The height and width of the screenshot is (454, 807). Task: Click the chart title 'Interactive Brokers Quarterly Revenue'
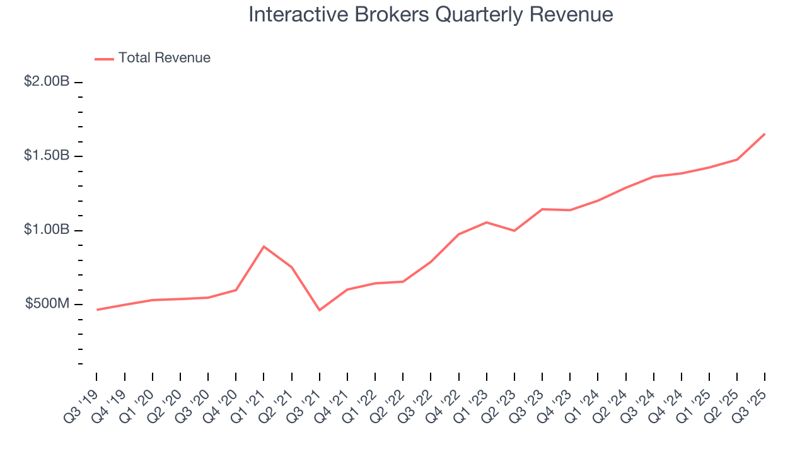431,15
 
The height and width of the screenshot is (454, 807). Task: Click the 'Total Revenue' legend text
164,58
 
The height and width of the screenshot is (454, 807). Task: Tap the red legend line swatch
104,59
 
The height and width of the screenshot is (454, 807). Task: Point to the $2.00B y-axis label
47,81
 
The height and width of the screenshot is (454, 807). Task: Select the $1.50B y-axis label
47,156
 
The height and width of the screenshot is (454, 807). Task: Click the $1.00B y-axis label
47,230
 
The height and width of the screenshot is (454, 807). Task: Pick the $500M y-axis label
47,304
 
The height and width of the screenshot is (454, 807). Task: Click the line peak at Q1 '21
264,247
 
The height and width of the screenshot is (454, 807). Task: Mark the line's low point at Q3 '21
319,310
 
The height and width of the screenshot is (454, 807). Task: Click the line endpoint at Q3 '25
765,134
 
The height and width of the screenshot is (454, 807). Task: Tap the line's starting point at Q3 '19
97,310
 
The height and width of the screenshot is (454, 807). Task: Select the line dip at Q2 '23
514,231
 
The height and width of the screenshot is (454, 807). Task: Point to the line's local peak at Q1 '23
486,222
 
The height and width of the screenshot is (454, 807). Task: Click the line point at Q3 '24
653,177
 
